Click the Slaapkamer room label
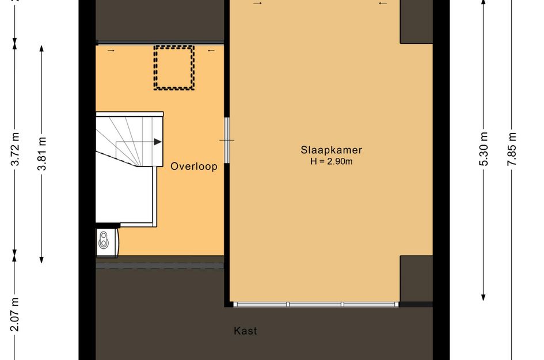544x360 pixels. click(332, 150)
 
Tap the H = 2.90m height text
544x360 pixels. click(332, 161)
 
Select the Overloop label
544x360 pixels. click(194, 166)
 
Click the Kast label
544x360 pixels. click(245, 331)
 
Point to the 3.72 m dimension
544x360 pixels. click(15, 149)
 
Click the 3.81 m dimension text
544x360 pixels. click(42, 153)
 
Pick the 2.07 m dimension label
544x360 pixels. click(15, 314)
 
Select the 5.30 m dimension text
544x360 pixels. click(484, 149)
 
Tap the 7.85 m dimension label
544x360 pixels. click(512, 149)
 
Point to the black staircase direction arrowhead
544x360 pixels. click(158, 142)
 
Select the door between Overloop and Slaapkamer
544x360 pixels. click(227, 140)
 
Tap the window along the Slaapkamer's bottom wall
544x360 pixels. click(315, 305)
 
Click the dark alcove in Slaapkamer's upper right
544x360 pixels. click(416, 21)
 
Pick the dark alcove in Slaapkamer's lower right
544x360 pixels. click(416, 279)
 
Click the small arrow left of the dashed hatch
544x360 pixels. click(111, 51)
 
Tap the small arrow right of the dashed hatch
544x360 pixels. click(211, 51)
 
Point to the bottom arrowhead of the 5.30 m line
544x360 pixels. click(484, 297)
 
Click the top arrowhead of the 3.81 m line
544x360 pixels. click(41, 48)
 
